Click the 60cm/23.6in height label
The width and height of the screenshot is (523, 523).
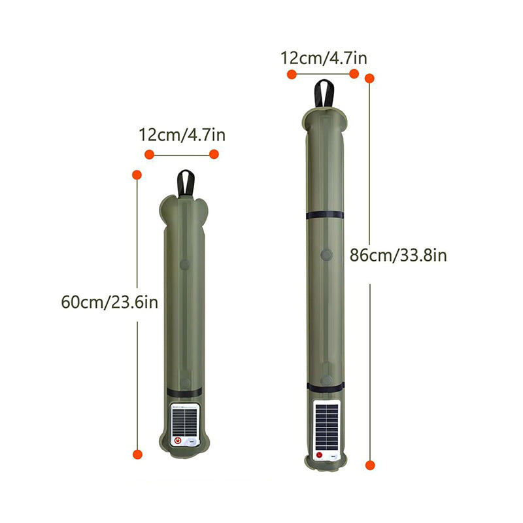[x=109, y=302]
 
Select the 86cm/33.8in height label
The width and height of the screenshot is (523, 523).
[x=398, y=256]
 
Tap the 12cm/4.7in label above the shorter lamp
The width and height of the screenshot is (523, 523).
[x=182, y=135]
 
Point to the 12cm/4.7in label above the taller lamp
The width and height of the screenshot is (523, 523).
[x=324, y=58]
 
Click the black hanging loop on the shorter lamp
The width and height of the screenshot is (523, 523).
[x=186, y=184]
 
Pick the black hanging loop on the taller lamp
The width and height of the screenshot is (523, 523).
[x=324, y=93]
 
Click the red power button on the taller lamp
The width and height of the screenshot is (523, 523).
[x=319, y=454]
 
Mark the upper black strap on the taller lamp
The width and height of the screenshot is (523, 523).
[x=325, y=215]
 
